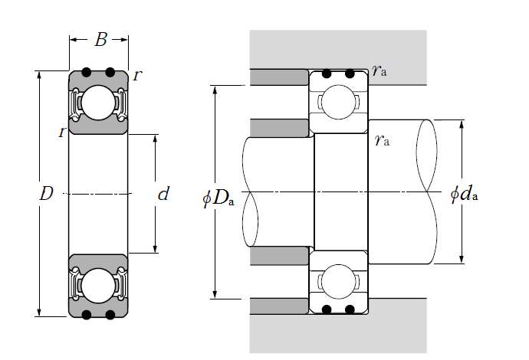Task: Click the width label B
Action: click(x=100, y=41)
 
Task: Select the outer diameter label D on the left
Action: click(x=46, y=194)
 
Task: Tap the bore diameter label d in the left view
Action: click(x=163, y=194)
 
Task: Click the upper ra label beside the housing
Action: click(x=378, y=71)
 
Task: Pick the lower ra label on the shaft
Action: click(x=381, y=140)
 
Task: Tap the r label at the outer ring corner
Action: click(x=136, y=75)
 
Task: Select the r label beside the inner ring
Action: click(x=61, y=132)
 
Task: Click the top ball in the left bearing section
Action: click(x=98, y=103)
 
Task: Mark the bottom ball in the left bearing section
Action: click(x=98, y=285)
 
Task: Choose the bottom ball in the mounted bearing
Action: click(x=338, y=280)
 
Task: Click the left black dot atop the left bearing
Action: click(x=87, y=73)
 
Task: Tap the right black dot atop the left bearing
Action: click(x=110, y=73)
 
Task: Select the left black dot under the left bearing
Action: click(x=87, y=315)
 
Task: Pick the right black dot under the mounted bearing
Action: click(x=350, y=309)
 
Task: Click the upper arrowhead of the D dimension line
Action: click(x=38, y=75)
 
